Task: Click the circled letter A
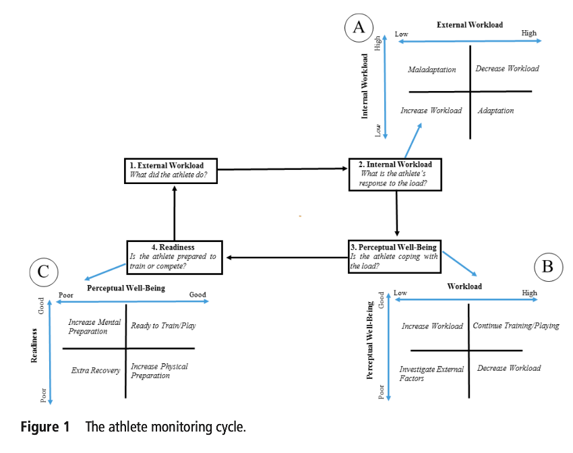(359, 27)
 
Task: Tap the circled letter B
(548, 268)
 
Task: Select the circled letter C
(44, 272)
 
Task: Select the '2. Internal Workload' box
(395, 175)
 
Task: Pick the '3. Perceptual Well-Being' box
(394, 257)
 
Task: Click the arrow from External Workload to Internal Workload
(284, 170)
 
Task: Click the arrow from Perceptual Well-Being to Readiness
(286, 257)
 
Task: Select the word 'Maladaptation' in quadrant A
(431, 69)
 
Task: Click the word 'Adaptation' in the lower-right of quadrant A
(495, 111)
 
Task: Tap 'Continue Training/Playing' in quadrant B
(516, 326)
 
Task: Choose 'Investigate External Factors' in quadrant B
(431, 373)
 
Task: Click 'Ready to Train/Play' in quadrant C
(163, 326)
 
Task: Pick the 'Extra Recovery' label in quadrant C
(95, 371)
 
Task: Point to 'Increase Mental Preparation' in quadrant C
(94, 326)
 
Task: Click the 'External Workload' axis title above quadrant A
(469, 25)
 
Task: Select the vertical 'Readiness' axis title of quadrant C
(34, 346)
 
